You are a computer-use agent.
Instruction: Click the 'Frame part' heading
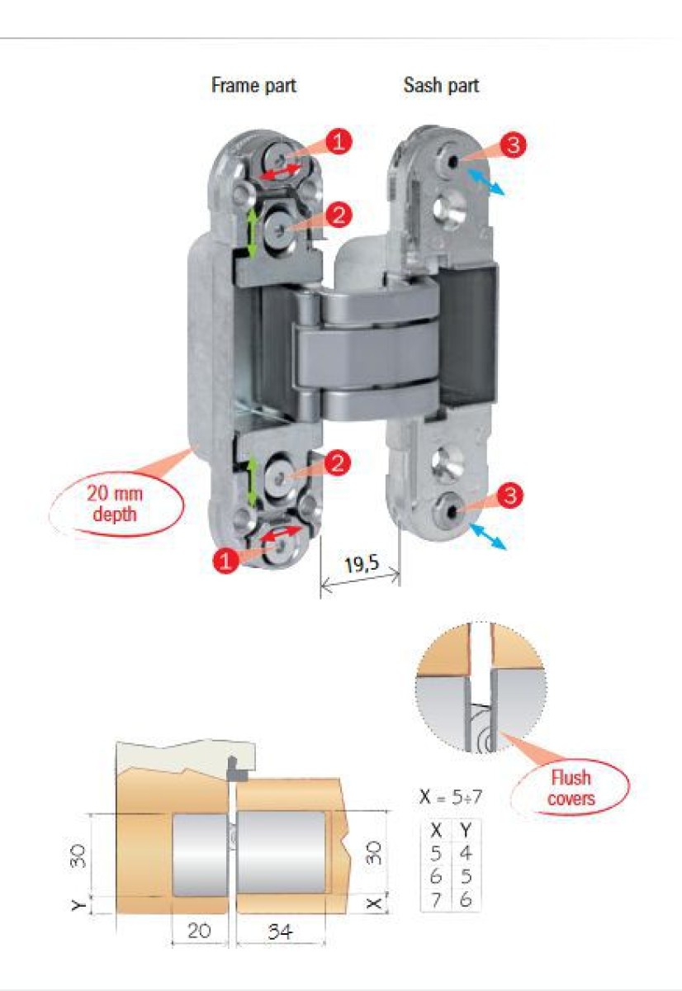253,85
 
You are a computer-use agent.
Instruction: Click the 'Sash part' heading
441,85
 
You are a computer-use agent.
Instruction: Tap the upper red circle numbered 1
339,141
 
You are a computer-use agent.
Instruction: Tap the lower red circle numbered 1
225,561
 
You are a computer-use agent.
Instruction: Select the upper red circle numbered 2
339,215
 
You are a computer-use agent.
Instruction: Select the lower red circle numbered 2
337,462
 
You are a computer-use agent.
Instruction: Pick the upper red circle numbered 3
513,145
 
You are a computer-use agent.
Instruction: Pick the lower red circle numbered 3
510,495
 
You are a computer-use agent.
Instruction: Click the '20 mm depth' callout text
115,504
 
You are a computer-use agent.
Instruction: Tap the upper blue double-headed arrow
486,182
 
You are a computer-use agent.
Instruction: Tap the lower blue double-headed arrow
488,536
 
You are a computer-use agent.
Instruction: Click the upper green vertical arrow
252,233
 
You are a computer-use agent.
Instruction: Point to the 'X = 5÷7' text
450,796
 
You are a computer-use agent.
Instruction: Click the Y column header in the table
466,831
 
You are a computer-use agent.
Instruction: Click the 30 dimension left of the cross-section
78,856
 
